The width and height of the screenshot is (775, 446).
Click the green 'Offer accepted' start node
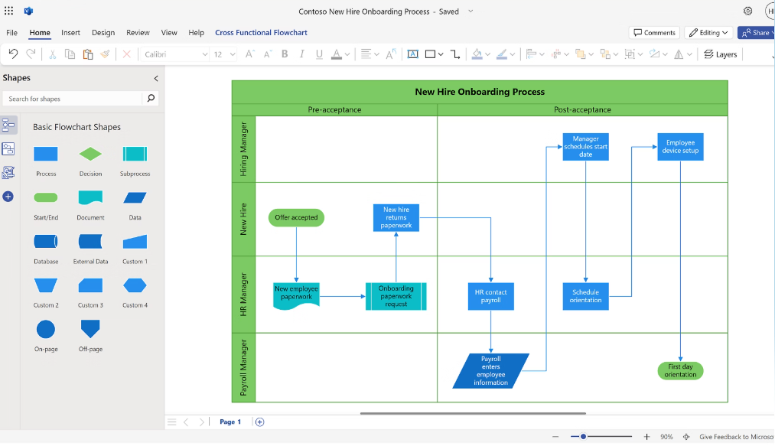click(296, 218)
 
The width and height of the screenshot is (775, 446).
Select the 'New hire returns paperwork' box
click(396, 217)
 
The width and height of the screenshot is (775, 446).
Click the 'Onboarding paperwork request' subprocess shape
click(396, 296)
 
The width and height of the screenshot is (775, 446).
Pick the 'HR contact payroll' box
click(490, 296)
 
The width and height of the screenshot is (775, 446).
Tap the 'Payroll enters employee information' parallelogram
click(490, 371)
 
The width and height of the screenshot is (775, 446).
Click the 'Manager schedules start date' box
click(585, 147)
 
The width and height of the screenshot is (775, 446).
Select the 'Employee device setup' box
click(680, 147)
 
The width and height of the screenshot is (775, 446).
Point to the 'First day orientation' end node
click(680, 371)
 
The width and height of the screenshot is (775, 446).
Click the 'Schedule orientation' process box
click(585, 296)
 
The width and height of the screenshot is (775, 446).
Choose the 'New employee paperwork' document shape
click(296, 295)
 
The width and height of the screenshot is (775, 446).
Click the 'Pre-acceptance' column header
click(334, 110)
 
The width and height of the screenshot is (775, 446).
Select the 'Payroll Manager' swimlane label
click(244, 367)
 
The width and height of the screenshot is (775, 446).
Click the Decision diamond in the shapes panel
click(90, 154)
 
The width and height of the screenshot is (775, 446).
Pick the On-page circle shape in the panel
click(46, 330)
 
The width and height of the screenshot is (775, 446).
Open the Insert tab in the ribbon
click(70, 33)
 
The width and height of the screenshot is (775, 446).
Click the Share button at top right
click(755, 33)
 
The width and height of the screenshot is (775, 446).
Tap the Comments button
click(655, 33)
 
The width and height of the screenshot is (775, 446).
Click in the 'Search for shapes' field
click(73, 99)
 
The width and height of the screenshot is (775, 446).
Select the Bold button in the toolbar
click(285, 54)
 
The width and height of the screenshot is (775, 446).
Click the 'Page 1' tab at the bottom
click(230, 422)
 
